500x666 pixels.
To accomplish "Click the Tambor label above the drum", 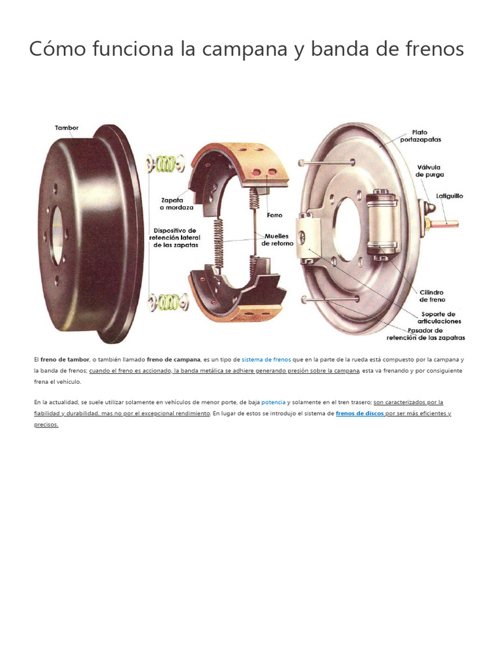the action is click(x=66, y=128).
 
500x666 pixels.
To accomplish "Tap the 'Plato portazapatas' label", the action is click(x=428, y=135).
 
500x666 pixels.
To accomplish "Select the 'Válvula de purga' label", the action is click(x=428, y=170).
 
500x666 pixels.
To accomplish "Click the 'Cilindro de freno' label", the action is click(x=432, y=296).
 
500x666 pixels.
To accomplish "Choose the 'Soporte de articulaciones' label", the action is click(x=440, y=317).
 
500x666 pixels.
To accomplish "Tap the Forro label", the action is click(x=275, y=215).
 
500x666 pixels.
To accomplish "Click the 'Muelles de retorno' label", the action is click(x=277, y=239).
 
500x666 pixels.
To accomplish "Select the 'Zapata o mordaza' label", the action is click(x=172, y=204).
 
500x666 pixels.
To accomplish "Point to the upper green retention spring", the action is click(x=167, y=163).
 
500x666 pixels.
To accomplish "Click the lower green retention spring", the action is click(x=167, y=302).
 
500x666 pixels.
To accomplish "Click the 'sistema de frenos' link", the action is click(x=266, y=359).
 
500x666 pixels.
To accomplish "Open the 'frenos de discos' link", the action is click(x=359, y=413).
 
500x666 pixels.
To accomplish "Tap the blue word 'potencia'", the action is click(x=273, y=402).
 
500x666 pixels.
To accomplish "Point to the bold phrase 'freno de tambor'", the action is click(x=65, y=359).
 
